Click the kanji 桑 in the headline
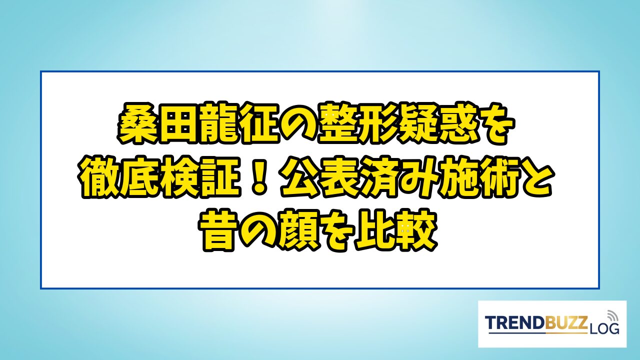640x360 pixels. (136, 123)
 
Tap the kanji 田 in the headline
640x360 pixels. (177, 123)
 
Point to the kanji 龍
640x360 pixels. (217, 123)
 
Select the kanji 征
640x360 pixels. (258, 123)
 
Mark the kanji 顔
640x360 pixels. (299, 231)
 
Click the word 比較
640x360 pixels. (395, 231)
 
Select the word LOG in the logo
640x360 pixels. (604, 328)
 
